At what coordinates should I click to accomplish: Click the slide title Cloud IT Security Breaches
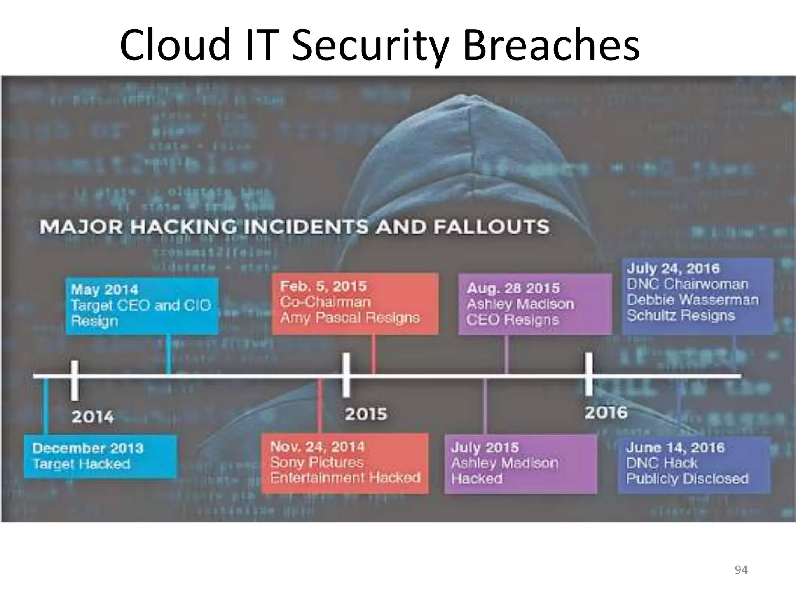point(380,45)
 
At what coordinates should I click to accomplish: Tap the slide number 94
point(741,569)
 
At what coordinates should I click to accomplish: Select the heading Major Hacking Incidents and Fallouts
point(294,227)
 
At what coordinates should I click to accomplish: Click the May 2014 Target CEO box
point(142,305)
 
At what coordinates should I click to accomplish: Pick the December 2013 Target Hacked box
point(100,456)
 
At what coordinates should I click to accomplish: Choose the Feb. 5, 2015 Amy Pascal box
point(355,303)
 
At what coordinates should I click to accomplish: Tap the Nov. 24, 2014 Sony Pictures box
point(345,463)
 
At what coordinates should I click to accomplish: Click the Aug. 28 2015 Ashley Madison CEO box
point(534,304)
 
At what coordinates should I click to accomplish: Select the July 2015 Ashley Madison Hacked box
point(520,463)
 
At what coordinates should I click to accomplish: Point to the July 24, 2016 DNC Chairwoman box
point(697,296)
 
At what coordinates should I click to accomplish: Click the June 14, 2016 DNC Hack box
point(694,464)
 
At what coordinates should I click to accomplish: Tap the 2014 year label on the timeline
point(93,417)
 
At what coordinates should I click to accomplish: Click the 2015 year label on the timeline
point(366,414)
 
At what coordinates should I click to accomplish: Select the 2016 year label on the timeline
point(606,412)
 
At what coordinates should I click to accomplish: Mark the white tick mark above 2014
point(74,380)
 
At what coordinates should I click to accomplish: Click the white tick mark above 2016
point(589,374)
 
